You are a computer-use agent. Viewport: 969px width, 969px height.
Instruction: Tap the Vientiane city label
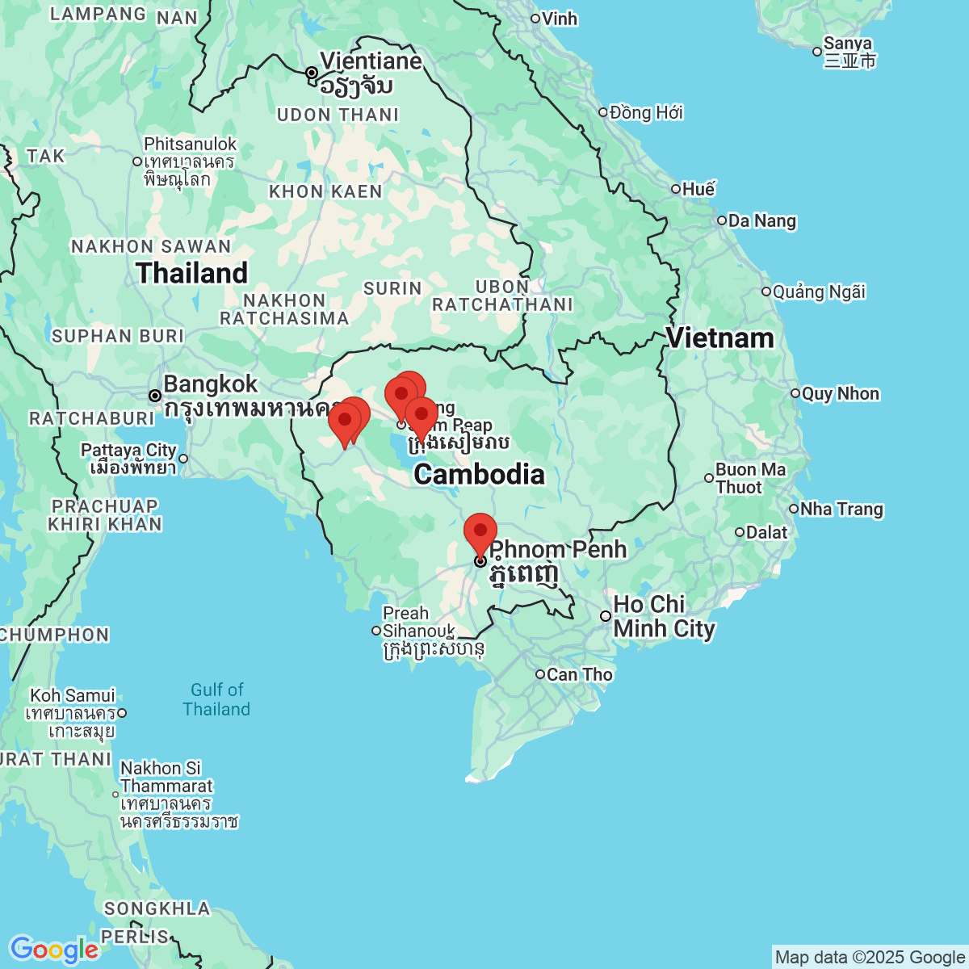[x=370, y=61]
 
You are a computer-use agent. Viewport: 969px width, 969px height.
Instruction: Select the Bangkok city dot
[x=154, y=396]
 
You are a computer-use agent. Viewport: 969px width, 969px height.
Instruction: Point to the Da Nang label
[x=761, y=220]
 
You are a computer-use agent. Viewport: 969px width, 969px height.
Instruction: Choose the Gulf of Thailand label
[x=216, y=699]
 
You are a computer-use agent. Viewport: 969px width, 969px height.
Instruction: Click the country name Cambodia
[x=479, y=474]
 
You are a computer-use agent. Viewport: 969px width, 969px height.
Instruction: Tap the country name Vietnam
[x=719, y=338]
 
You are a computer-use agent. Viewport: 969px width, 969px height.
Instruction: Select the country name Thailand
[x=192, y=273]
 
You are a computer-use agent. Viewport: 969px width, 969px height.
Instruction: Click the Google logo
[x=54, y=950]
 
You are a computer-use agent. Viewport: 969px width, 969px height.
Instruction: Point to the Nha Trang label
[x=841, y=509]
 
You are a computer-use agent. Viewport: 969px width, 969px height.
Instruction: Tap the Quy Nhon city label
[x=840, y=394]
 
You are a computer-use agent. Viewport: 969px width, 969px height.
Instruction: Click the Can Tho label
[x=579, y=674]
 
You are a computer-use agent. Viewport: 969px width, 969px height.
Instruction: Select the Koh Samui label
[x=73, y=695]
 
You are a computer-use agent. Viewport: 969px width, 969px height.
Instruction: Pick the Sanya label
[x=848, y=44]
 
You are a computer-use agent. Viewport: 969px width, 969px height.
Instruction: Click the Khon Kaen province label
[x=325, y=191]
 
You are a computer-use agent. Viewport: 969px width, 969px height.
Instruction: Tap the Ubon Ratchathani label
[x=502, y=296]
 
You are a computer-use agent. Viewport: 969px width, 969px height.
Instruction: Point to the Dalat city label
[x=766, y=532]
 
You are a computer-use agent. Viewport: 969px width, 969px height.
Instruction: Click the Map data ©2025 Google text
[x=870, y=958]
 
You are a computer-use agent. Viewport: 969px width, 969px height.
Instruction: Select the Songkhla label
[x=157, y=908]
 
